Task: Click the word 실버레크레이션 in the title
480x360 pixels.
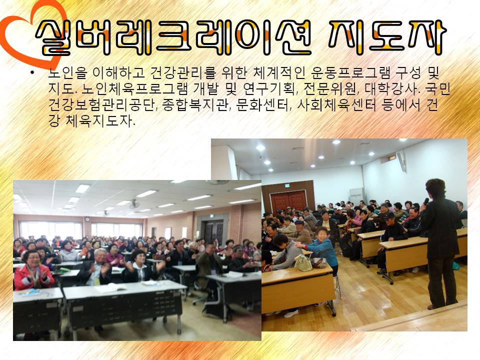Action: (173, 37)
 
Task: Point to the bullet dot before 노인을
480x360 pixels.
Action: (32, 72)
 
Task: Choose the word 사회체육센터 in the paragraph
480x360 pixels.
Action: (336, 105)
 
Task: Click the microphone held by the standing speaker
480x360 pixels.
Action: (425, 201)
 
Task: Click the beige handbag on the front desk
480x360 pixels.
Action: (303, 263)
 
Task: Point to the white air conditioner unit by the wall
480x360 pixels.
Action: (356, 196)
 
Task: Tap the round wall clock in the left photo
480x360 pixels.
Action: (87, 219)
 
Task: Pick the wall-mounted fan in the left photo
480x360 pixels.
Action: (134, 204)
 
